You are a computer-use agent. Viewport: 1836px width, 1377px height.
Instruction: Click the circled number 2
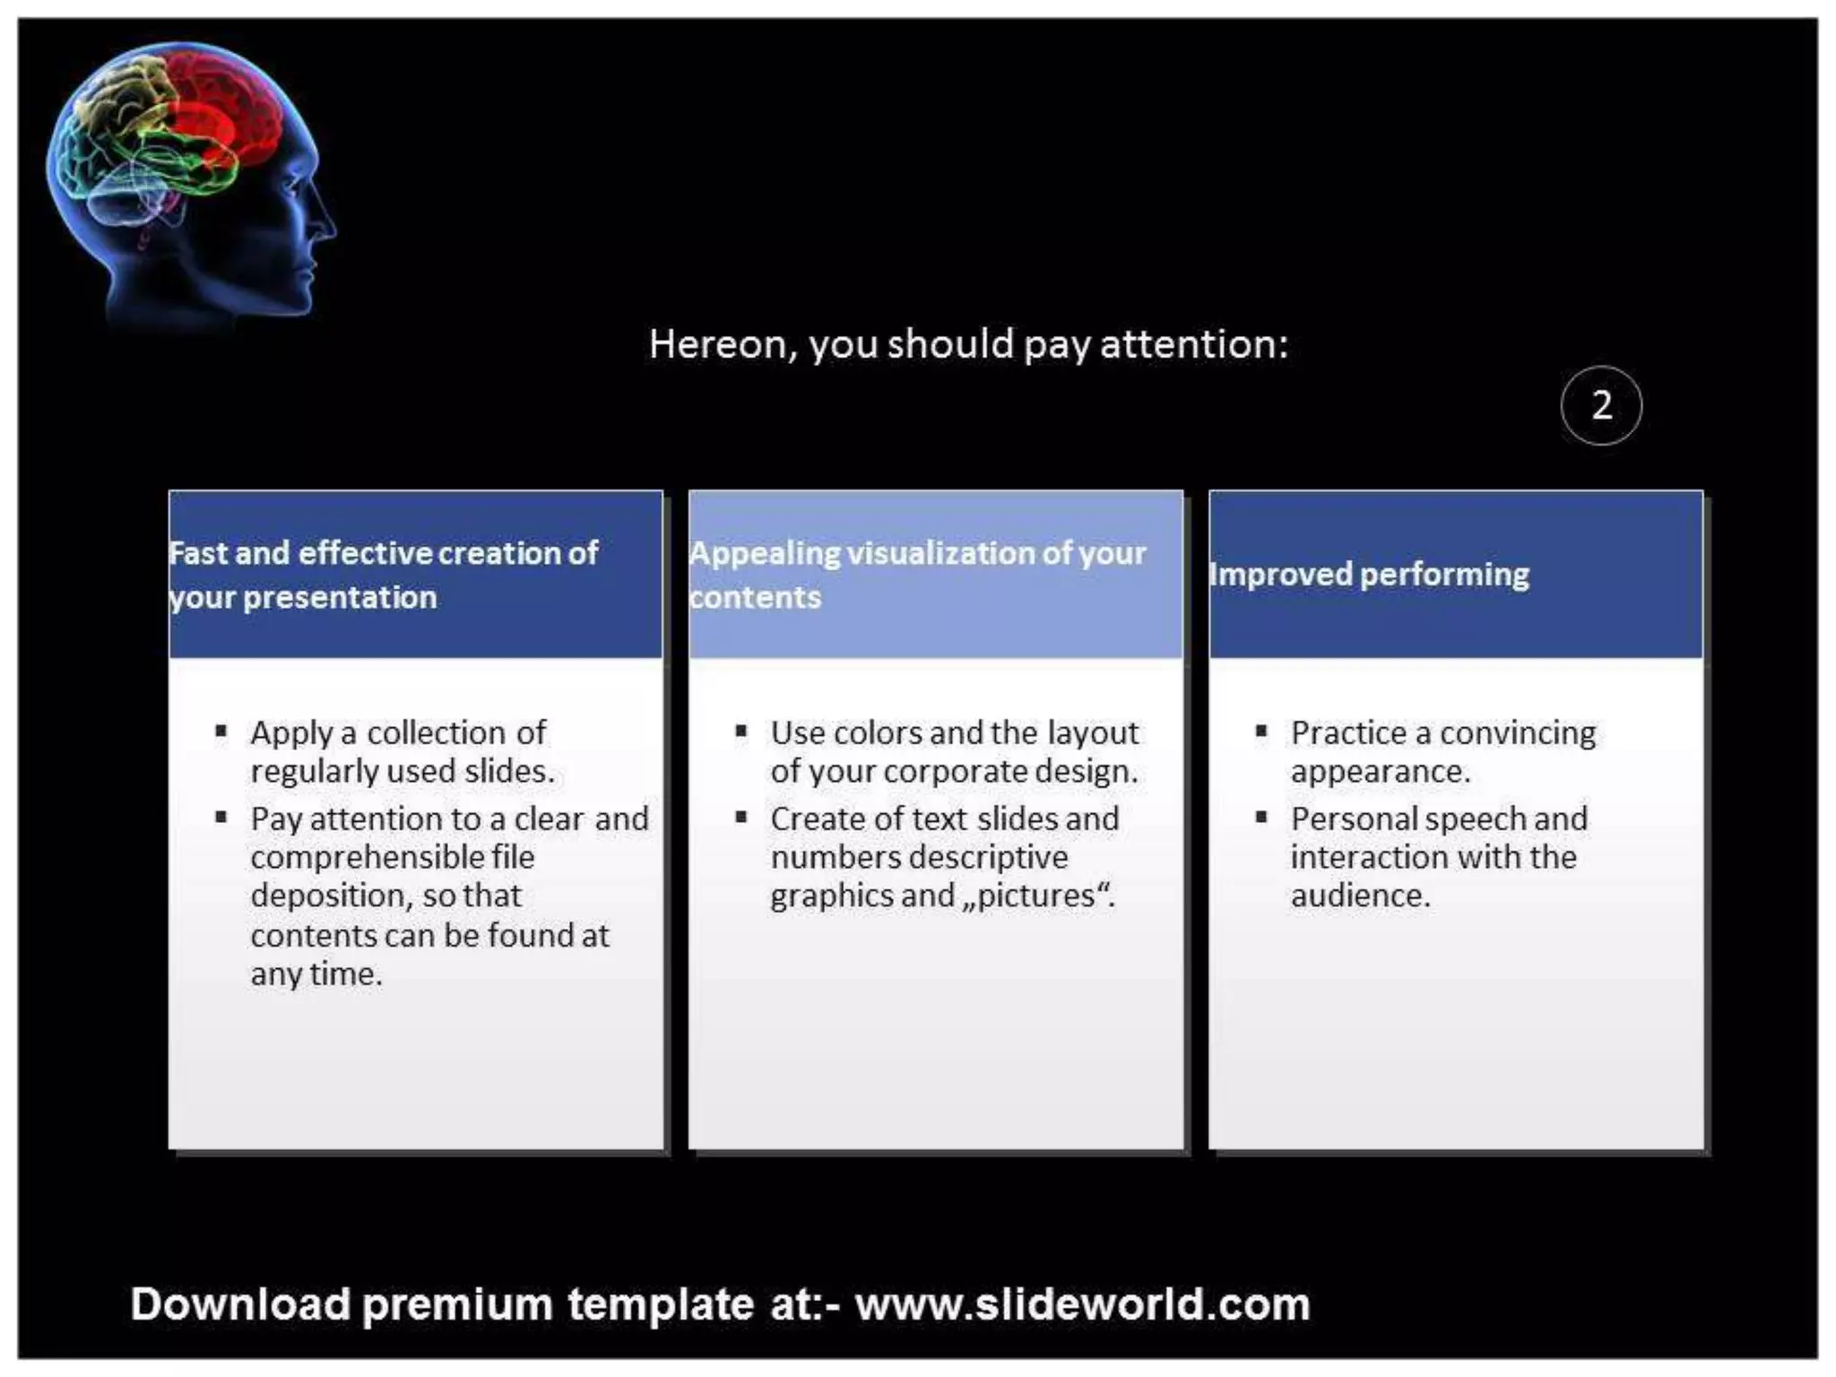click(1600, 405)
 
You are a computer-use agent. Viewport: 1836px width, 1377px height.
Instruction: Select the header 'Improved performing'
click(1369, 575)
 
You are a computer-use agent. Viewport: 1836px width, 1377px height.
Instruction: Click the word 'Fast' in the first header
click(200, 553)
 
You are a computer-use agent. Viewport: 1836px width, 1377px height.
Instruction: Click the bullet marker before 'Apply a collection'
click(221, 732)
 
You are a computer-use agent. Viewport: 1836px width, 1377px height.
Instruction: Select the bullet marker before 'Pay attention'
click(221, 817)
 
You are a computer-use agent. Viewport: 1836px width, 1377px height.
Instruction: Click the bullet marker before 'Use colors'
click(740, 732)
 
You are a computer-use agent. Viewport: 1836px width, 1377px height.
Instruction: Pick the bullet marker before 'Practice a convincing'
click(1261, 732)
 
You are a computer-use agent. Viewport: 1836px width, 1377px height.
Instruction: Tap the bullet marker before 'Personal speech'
click(1261, 817)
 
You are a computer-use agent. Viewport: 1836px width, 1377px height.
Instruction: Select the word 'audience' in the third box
click(1359, 896)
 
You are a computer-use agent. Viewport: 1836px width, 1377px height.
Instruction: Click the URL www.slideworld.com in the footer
click(1082, 1304)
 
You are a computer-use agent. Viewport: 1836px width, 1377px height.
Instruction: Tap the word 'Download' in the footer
click(240, 1304)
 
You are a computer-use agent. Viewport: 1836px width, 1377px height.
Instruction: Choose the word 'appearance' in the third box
click(1380, 772)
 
